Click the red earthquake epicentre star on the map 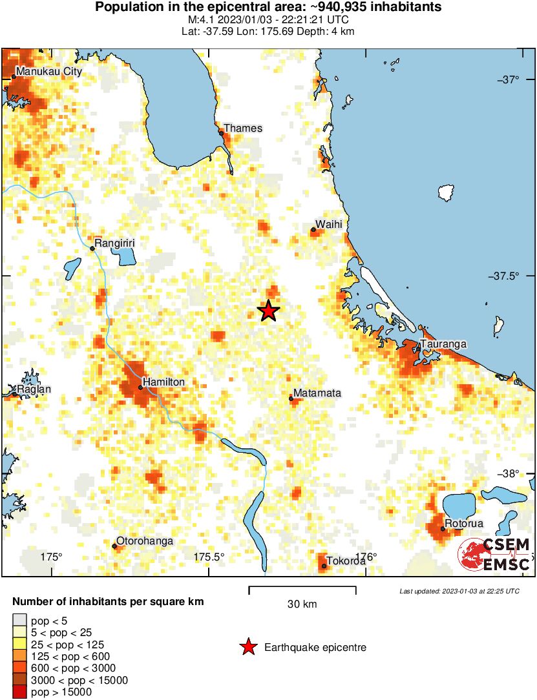point(269,311)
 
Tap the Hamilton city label point(163,382)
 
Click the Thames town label point(243,128)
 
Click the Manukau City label point(50,72)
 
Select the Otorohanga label point(145,541)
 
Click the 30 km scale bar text point(302,604)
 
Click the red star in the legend point(247,647)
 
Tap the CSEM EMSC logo point(495,555)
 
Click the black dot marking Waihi point(313,229)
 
